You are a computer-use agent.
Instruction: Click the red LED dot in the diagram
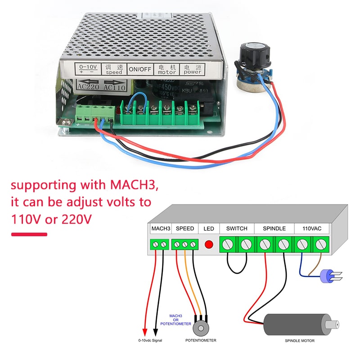point(209,245)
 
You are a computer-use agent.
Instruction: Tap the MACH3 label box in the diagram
point(161,229)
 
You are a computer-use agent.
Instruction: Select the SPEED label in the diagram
point(185,229)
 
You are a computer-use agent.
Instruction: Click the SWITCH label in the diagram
point(237,229)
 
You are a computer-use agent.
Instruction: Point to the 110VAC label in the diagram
point(312,229)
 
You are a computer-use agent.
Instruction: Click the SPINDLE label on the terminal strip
point(274,229)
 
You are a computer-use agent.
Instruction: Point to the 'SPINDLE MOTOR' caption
point(300,341)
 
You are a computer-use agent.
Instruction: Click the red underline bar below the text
point(29,234)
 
